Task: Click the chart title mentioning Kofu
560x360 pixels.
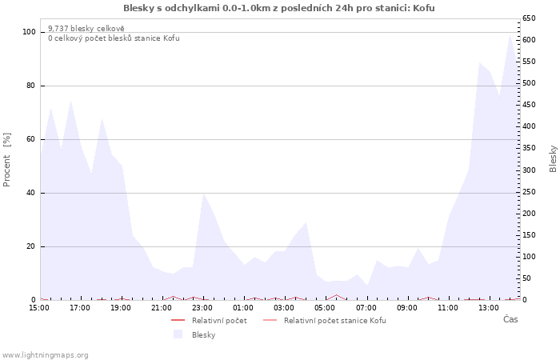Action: (279, 8)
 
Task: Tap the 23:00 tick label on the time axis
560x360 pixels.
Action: (202, 308)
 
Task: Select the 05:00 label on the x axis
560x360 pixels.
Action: (325, 308)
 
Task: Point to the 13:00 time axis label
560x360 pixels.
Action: (488, 308)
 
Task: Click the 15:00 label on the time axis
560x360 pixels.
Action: (39, 308)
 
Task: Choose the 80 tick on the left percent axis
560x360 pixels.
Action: (30, 86)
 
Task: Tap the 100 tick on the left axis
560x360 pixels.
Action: (29, 32)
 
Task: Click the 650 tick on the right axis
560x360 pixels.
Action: (529, 18)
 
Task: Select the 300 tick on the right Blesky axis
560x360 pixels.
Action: (529, 170)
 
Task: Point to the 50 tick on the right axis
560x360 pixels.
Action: (526, 278)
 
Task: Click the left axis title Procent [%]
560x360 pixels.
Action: (6, 160)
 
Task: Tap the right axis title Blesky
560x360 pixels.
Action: (553, 159)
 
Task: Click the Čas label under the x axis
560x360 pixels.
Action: (510, 319)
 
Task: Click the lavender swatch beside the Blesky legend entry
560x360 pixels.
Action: (178, 334)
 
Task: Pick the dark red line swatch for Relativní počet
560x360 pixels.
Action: (178, 320)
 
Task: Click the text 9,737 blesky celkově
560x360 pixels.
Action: (86, 29)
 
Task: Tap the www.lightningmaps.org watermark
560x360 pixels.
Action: (44, 355)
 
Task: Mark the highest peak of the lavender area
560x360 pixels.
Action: (510, 34)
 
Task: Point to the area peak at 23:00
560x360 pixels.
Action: (203, 194)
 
